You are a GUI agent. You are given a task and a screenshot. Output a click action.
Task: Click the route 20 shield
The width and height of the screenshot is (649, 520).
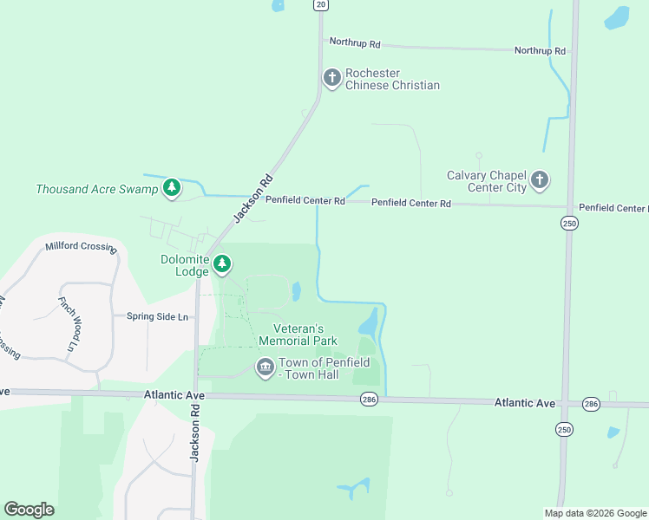point(321,5)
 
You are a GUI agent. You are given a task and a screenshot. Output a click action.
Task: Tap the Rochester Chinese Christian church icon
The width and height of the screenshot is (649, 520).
point(331,78)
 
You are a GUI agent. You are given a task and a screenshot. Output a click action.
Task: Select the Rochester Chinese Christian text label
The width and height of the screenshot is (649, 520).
point(392,79)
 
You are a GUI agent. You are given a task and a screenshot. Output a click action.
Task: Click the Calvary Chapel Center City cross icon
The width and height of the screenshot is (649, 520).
point(540,180)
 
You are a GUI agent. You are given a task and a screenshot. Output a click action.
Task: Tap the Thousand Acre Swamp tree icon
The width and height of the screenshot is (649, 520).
point(172,187)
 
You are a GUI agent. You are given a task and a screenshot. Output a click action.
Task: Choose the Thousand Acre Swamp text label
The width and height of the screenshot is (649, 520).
point(97,189)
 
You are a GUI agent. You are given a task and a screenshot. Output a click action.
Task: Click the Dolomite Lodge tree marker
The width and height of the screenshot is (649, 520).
point(222,263)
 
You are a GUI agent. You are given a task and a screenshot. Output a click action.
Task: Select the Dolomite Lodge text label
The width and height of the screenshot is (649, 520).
point(185,265)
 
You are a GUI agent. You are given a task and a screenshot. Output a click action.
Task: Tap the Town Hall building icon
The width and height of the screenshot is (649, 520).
point(265,368)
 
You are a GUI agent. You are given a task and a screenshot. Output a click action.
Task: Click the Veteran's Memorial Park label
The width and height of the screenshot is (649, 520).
point(298,335)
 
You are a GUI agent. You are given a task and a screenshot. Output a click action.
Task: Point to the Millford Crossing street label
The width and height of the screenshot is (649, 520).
point(81,247)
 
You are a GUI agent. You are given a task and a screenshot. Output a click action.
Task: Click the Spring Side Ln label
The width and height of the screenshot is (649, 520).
point(157,316)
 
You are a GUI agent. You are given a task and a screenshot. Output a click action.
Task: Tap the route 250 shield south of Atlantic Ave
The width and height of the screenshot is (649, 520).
point(564,429)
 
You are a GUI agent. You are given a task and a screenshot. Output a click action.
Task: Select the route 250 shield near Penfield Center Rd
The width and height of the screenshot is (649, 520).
point(568,224)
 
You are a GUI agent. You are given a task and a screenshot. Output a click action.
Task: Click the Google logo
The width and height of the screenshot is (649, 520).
point(29,510)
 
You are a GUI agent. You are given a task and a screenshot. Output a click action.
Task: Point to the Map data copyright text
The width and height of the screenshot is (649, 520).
point(595,513)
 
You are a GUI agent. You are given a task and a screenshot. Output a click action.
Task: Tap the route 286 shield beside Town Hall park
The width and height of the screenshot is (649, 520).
point(370,398)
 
